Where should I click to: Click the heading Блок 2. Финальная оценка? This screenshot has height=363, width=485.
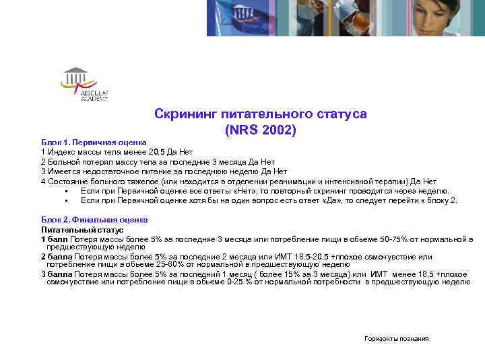94,220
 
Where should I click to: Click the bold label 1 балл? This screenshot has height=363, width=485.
53,239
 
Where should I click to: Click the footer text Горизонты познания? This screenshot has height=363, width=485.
395,339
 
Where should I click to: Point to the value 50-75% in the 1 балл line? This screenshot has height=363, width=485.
373,239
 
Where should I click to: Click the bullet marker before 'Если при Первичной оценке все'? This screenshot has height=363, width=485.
68,192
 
